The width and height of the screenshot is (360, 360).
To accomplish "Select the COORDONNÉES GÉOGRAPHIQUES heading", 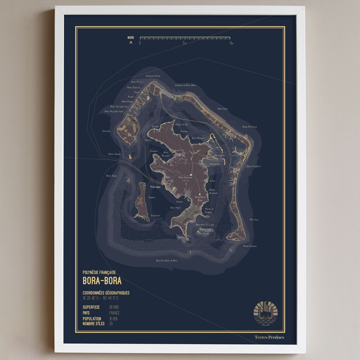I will [106, 292].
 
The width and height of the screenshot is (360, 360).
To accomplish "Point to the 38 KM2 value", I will [114, 307].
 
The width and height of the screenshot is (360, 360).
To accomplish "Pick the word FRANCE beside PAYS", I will [114, 313].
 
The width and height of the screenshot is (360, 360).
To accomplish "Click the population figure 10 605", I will [115, 318].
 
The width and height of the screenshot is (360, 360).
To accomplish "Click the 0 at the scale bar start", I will [140, 43].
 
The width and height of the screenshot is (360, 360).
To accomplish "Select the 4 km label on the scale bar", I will [231, 43].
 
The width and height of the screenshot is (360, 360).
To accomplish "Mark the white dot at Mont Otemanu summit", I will [191, 176].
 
